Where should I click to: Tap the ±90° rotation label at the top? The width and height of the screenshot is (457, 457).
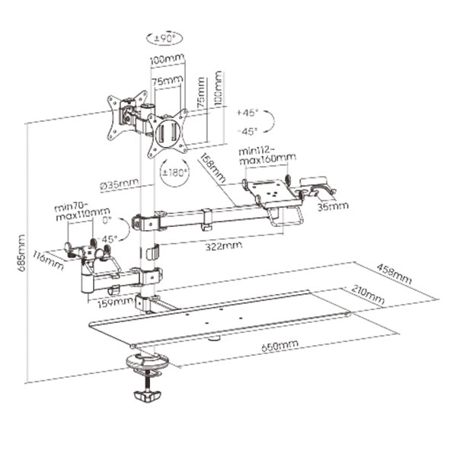[x=165, y=38]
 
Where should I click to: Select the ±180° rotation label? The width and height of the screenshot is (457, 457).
[x=174, y=173]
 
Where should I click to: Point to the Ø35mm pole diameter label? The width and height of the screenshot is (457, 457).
[x=119, y=184]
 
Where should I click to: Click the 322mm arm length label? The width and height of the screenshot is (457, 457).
[x=223, y=246]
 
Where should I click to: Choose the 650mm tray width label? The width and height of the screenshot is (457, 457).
[x=280, y=345]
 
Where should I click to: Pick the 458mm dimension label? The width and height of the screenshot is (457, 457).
[x=395, y=273]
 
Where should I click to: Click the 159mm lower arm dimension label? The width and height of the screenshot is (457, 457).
[x=115, y=303]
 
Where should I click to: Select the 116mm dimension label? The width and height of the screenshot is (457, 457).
[x=48, y=260]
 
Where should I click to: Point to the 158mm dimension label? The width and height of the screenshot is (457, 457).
[x=213, y=168]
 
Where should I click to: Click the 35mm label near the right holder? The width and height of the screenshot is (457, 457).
[x=333, y=206]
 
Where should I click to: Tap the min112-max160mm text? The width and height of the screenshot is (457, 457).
[x=267, y=155]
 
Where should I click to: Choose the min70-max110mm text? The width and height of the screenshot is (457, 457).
[x=83, y=213]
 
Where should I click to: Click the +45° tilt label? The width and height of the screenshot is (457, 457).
[x=248, y=113]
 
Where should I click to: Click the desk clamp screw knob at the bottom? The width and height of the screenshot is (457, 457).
[x=148, y=396]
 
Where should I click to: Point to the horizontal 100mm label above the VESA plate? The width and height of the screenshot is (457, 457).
[x=168, y=59]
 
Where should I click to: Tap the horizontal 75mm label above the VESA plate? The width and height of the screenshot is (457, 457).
[x=168, y=80]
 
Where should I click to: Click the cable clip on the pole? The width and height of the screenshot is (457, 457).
[x=152, y=252]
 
